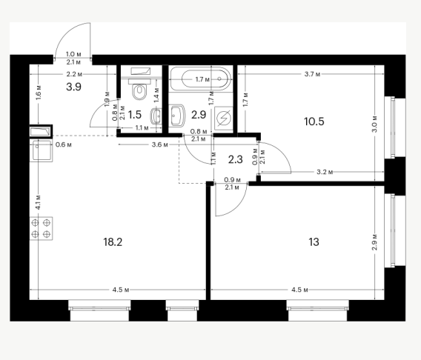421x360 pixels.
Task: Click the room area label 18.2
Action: (x=113, y=242)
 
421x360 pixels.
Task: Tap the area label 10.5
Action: (x=314, y=121)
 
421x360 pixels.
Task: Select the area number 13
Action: (x=314, y=242)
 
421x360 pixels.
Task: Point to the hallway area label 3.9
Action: (x=73, y=87)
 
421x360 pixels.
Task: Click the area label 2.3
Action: (x=236, y=159)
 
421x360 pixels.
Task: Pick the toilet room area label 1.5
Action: (x=134, y=115)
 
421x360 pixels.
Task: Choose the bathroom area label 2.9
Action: (x=199, y=115)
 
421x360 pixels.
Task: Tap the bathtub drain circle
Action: (x=219, y=79)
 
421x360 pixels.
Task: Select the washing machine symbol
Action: (x=224, y=118)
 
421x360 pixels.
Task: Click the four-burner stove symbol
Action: (x=41, y=229)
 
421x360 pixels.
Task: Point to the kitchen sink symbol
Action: (x=41, y=150)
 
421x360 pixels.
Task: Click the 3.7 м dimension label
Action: (x=312, y=74)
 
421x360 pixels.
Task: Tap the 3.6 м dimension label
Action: (x=160, y=145)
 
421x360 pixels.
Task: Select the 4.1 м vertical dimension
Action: (x=39, y=202)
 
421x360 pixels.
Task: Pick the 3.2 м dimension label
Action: (x=325, y=172)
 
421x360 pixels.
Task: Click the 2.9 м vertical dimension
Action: (x=375, y=242)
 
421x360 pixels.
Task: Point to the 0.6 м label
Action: (x=63, y=145)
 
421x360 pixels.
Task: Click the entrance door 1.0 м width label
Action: (x=73, y=55)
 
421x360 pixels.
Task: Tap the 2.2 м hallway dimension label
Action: (x=74, y=74)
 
